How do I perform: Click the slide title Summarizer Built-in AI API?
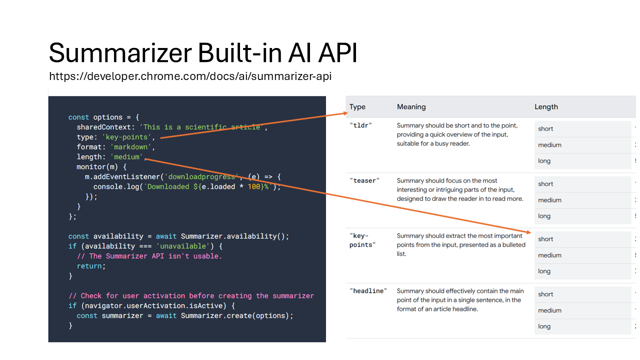(x=203, y=53)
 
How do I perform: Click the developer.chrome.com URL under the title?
(x=190, y=76)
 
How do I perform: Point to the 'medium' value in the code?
(x=126, y=157)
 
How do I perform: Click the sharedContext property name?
(x=103, y=127)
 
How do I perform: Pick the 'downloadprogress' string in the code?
(x=200, y=176)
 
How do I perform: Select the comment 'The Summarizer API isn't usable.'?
(x=149, y=256)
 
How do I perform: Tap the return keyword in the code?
(x=90, y=266)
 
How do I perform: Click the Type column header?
(x=357, y=107)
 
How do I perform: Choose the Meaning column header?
(x=411, y=107)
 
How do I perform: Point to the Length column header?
(x=546, y=107)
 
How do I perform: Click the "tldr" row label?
(x=360, y=125)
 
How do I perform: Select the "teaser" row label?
(x=364, y=180)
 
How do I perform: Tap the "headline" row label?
(x=368, y=291)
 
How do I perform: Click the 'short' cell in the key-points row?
(x=546, y=239)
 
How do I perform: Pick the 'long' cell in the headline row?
(x=544, y=326)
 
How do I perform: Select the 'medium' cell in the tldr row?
(x=550, y=145)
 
